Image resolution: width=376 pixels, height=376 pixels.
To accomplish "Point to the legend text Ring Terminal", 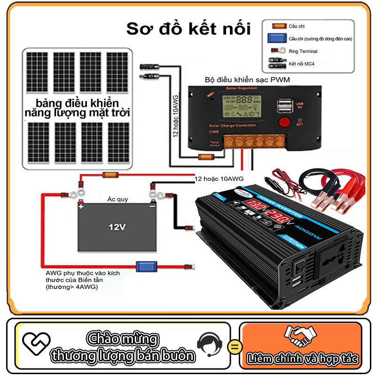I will click(303, 51).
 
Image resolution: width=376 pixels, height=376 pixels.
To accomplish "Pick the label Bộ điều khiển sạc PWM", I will click(247, 80).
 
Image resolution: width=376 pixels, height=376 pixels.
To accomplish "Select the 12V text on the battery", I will click(117, 227).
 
